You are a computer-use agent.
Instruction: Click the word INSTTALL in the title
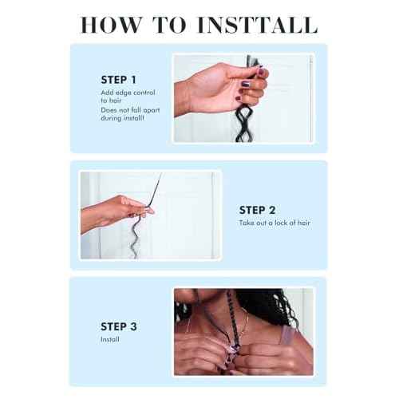pos(258,25)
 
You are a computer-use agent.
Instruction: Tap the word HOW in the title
pos(111,25)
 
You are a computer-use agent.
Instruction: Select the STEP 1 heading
pos(118,80)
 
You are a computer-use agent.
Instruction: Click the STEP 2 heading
pos(257,210)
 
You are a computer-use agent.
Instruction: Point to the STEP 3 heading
pos(119,326)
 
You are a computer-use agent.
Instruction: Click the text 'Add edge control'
pos(128,93)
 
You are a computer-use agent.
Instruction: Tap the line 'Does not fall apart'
pos(130,110)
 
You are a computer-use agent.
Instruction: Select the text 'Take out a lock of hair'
pos(275,223)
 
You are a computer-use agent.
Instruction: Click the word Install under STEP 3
pos(109,339)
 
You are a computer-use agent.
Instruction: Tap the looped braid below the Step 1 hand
pos(243,124)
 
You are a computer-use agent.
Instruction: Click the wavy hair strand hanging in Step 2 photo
pos(136,237)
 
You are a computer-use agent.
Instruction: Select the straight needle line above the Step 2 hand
pos(155,190)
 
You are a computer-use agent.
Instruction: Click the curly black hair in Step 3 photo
pos(269,306)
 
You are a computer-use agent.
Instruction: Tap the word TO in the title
pos(170,25)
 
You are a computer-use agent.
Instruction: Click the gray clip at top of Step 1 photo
pos(252,61)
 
